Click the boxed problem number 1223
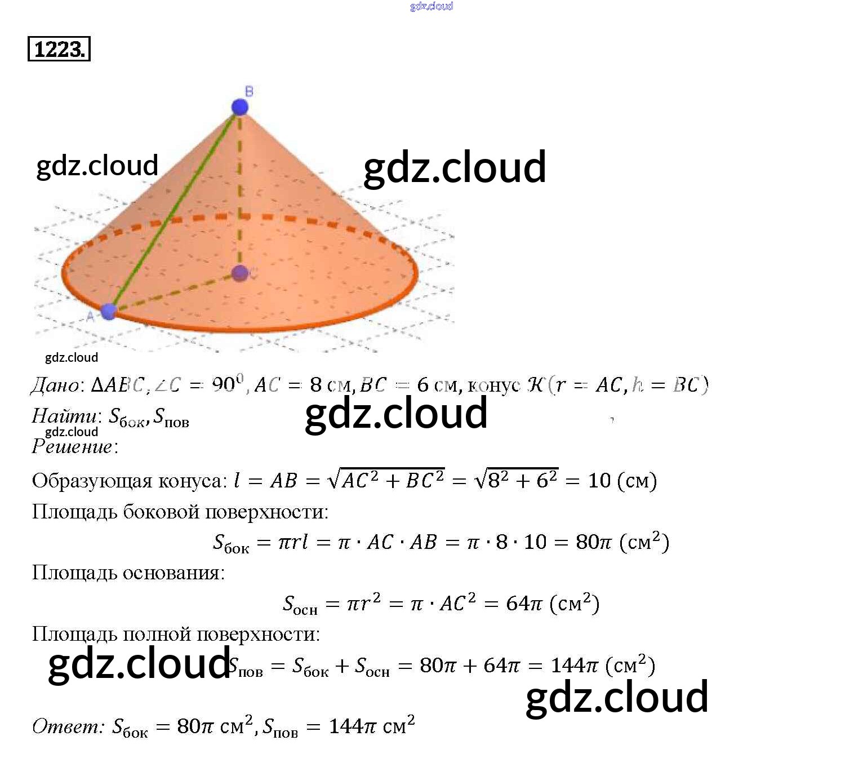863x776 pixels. [x=59, y=49]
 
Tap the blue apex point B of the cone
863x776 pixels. [x=240, y=107]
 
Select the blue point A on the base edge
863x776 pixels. [x=109, y=311]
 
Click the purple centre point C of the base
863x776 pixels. [x=241, y=273]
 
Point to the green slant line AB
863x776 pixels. [x=175, y=209]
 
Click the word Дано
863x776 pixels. [x=55, y=385]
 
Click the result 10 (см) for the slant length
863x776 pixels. [x=622, y=481]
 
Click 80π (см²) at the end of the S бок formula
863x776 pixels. [x=622, y=542]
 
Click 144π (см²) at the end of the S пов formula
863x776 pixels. [x=603, y=666]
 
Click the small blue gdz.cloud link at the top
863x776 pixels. [x=431, y=6]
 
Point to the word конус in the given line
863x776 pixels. [x=493, y=385]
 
